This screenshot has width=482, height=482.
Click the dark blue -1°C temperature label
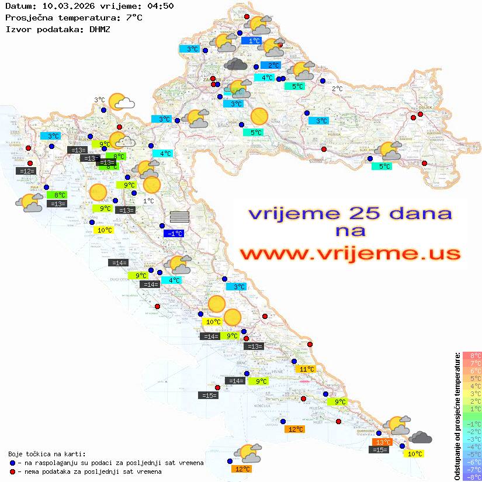(x=175, y=234)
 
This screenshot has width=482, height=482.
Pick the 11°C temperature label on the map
(x=307, y=369)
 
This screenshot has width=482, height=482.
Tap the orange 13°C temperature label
(x=383, y=442)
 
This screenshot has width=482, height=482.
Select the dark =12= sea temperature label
(x=26, y=171)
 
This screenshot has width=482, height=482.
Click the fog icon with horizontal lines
(x=179, y=217)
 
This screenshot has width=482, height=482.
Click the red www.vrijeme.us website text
(x=349, y=254)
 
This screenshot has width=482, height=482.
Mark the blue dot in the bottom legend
(x=12, y=463)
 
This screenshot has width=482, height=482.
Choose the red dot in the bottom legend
(x=12, y=471)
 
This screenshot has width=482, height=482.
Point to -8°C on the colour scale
(x=472, y=477)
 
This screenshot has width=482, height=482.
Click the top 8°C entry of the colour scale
(x=472, y=355)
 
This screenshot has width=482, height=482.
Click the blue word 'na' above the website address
(x=350, y=231)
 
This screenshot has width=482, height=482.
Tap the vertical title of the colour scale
(x=457, y=416)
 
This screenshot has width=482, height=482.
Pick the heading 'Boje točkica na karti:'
(x=47, y=454)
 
